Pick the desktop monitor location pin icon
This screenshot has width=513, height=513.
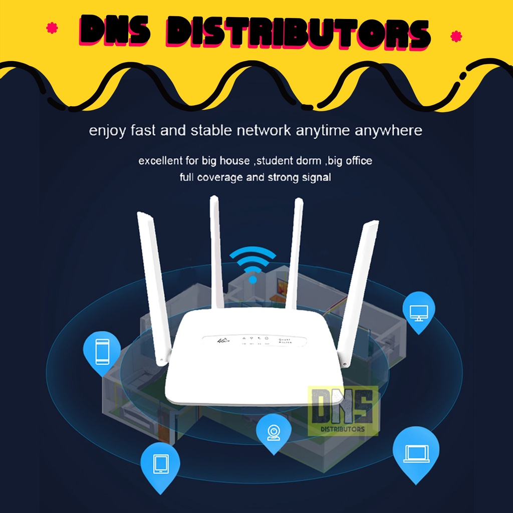click(x=418, y=311)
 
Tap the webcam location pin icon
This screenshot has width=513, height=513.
click(x=273, y=432)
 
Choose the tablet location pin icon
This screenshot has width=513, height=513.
click(x=160, y=463)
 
